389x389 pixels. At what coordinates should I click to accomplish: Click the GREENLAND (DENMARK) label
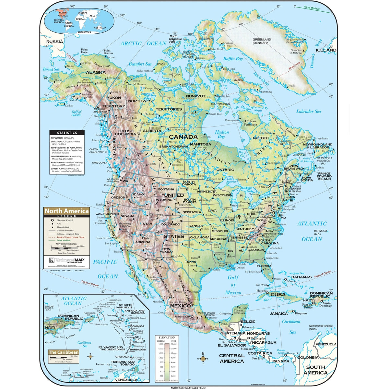(262, 41)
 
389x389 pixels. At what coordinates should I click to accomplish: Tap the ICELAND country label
(326, 50)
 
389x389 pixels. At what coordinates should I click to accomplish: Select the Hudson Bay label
(222, 134)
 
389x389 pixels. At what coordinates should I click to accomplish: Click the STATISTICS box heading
(67, 133)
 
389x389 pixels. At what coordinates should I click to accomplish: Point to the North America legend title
(66, 211)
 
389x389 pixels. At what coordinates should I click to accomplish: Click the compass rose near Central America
(203, 359)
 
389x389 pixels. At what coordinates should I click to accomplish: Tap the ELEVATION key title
(167, 337)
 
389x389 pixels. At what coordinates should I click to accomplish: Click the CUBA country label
(278, 295)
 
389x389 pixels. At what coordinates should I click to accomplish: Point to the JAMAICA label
(279, 313)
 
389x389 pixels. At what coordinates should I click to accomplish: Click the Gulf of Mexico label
(233, 285)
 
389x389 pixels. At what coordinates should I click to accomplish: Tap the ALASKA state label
(96, 72)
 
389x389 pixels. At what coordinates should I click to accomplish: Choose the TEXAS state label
(191, 262)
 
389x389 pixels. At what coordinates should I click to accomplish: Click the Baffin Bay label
(233, 59)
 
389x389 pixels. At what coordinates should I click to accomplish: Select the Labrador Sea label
(308, 112)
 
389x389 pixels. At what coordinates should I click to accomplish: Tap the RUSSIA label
(54, 42)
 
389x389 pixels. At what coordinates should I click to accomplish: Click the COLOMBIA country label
(308, 358)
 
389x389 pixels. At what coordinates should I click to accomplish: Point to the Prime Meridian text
(312, 8)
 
